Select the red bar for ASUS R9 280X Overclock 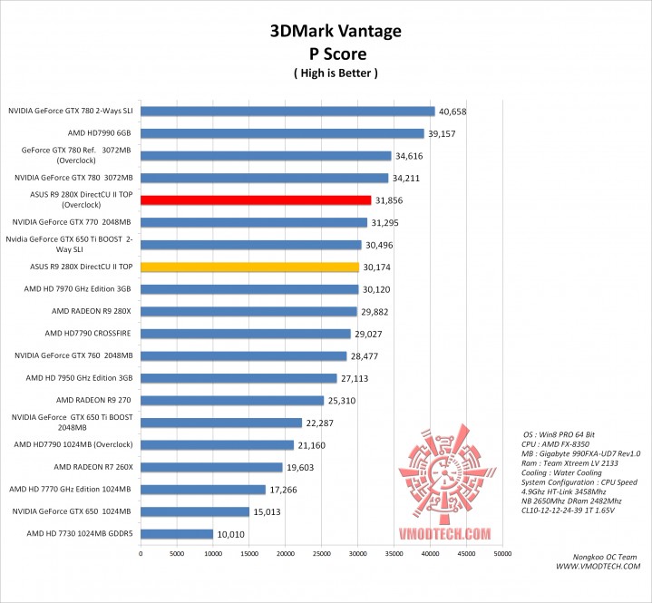click(256, 200)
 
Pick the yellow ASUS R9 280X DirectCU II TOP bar click(249, 267)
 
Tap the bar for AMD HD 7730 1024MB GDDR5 click(177, 533)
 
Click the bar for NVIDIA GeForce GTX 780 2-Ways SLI click(287, 112)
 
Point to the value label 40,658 click(453, 112)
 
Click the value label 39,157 click(442, 134)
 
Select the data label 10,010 click(230, 534)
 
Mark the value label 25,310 click(342, 401)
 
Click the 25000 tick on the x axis click(322, 552)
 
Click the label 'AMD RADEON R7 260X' click(93, 467)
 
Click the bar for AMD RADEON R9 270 click(232, 400)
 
